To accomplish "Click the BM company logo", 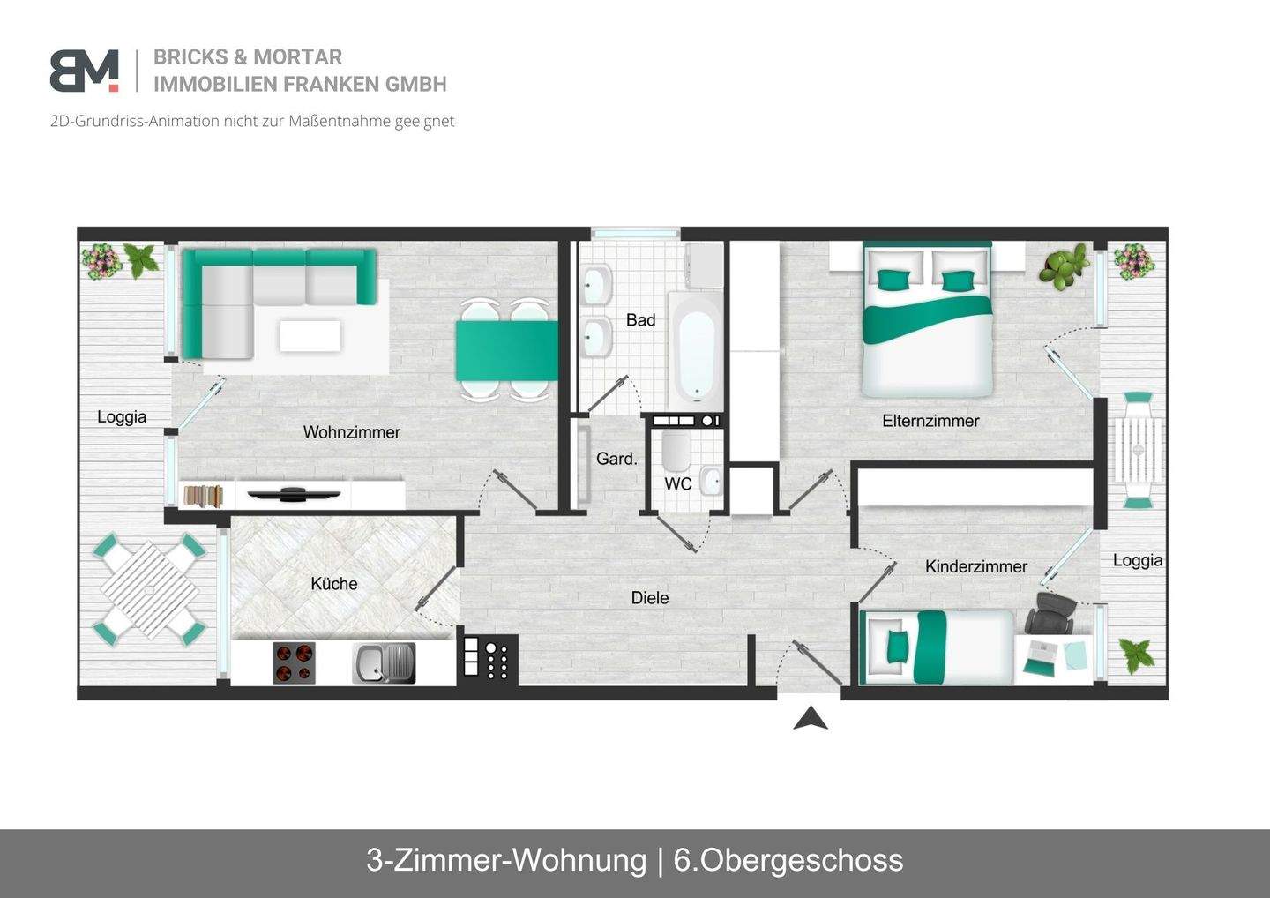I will (85, 71).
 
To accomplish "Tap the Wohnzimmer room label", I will (351, 432).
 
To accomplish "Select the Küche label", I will (333, 583).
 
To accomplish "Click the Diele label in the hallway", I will (649, 598).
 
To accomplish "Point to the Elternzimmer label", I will (930, 421).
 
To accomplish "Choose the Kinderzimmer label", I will (975, 566).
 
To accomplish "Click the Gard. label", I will (616, 459).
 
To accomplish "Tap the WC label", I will (677, 483).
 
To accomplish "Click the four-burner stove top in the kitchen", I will (294, 663).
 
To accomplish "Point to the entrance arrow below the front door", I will (810, 719).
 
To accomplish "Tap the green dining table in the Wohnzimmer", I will (506, 350).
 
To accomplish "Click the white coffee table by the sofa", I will (310, 336).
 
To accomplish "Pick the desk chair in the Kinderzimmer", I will (1052, 614).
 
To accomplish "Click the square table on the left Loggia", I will (149, 589).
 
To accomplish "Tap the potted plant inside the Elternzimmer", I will (1063, 266).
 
